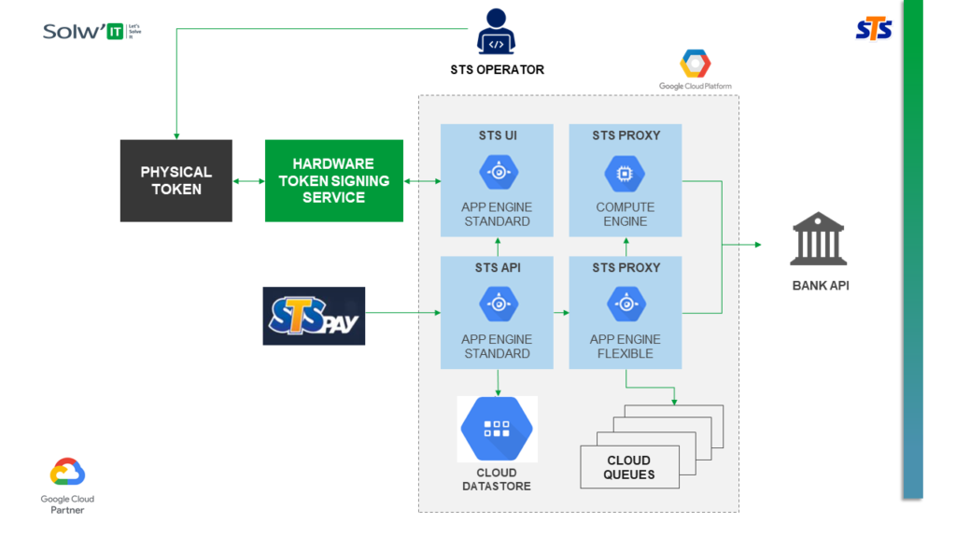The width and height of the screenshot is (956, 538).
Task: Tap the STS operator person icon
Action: coord(497,32)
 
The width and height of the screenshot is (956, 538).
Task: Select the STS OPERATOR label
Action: coord(497,69)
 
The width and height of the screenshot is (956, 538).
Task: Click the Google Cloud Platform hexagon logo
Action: coord(695,64)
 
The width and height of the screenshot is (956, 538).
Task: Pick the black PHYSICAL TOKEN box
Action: coord(176,180)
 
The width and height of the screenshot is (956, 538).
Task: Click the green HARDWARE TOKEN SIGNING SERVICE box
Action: coord(333,180)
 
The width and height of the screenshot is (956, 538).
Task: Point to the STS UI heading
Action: coord(497,135)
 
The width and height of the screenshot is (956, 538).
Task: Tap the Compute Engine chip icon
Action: coord(625,173)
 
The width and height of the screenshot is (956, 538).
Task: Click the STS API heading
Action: coord(497,267)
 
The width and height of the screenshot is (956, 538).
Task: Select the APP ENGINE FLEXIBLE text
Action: coord(625,347)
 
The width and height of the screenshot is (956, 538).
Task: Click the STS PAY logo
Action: coord(314,316)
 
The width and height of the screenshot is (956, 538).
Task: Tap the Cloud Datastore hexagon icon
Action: coord(497,429)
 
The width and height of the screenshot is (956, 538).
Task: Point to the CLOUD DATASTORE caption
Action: coord(497,479)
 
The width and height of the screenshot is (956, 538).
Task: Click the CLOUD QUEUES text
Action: coord(628,467)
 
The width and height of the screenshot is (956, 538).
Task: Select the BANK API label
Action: coord(821,285)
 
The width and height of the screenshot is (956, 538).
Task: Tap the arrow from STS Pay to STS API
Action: coord(402,313)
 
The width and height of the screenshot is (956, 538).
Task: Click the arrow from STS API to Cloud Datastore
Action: coord(497,381)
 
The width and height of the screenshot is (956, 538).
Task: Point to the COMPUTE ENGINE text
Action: coord(625,214)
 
